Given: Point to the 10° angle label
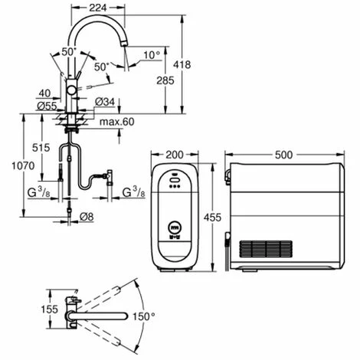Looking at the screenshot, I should (152, 55).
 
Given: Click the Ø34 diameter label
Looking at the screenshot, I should (106, 102).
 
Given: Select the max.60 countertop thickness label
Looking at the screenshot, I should (117, 121).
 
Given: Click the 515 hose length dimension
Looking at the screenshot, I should (43, 148).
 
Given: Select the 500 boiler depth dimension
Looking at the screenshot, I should (284, 154).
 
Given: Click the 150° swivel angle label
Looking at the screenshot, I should (144, 315).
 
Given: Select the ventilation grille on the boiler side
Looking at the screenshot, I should (265, 250).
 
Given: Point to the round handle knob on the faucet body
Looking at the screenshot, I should (71, 90).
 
